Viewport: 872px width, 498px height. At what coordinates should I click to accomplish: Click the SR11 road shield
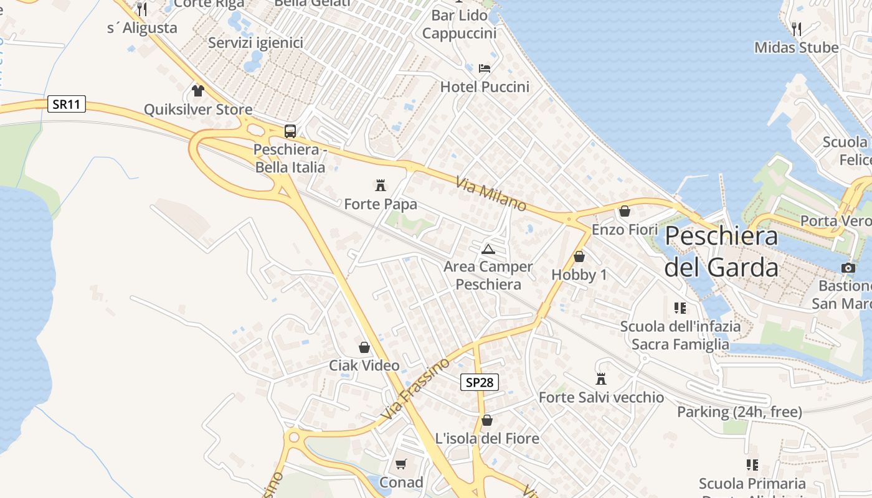67,104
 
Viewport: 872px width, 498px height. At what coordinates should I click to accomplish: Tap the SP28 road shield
480,382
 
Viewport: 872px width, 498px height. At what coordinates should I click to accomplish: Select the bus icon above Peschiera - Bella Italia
290,131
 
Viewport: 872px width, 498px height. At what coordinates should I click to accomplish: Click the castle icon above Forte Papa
380,185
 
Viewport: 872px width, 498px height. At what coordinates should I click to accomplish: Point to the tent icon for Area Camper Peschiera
488,250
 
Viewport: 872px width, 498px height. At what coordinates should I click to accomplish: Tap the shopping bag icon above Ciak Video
364,347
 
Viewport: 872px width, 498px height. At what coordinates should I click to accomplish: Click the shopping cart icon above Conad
401,464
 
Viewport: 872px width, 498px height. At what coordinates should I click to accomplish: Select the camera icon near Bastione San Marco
848,268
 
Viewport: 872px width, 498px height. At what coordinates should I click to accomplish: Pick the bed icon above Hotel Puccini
485,68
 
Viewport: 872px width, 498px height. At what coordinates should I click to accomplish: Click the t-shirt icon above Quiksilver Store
198,91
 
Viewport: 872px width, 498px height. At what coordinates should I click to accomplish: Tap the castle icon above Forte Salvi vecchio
601,378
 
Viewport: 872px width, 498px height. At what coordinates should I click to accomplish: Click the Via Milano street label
491,194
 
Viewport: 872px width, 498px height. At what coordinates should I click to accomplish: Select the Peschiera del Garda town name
721,251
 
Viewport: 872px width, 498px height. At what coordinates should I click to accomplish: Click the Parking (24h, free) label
739,411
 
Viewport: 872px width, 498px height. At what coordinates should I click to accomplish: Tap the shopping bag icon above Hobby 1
579,256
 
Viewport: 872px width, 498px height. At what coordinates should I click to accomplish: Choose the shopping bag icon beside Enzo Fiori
625,212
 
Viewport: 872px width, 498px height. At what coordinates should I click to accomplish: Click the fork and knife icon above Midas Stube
796,29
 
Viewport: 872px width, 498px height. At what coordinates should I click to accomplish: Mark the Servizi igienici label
255,42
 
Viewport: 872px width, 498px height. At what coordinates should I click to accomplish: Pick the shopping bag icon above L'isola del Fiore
487,420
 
